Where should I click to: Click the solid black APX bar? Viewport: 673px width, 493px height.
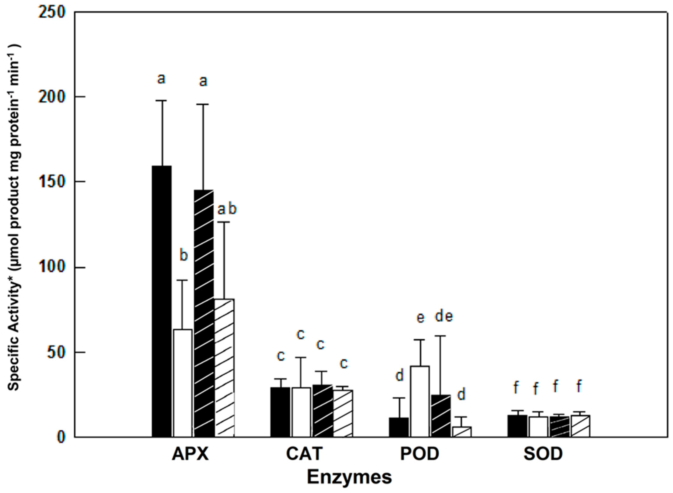(162, 301)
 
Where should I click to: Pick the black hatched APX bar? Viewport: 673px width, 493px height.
(204, 313)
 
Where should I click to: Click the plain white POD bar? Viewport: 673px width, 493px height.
(420, 401)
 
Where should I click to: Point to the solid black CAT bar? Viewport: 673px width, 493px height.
(280, 412)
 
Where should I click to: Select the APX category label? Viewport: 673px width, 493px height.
(190, 454)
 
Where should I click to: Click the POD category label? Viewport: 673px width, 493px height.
(420, 454)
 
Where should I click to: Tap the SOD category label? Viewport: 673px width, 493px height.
(543, 454)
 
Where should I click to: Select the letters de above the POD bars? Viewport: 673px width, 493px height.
(444, 317)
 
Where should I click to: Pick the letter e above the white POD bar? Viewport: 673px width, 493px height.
(420, 318)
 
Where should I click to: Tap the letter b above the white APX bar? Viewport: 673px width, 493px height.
(184, 255)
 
